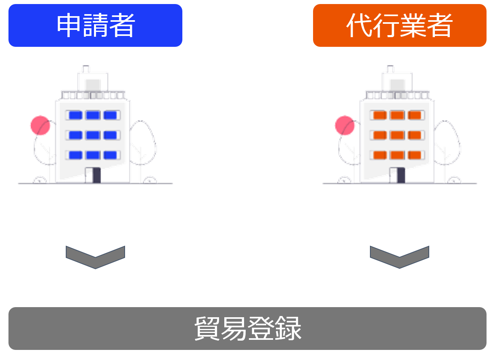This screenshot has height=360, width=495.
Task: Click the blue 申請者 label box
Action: pos(95,25)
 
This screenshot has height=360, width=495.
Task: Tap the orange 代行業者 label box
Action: pos(399,25)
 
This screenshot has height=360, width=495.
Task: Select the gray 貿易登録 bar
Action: pos(247,329)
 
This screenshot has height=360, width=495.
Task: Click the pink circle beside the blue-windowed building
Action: pos(40,126)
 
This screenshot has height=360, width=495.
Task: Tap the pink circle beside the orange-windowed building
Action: pos(345,126)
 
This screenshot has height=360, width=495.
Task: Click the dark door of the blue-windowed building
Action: pos(96,175)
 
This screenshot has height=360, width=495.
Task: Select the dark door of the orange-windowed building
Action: pos(401,175)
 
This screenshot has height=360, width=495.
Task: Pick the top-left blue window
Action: pos(75,115)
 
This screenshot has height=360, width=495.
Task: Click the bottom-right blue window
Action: pos(110,155)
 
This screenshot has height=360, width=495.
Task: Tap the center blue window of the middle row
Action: pos(93,135)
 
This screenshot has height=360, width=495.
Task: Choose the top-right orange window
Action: pos(414,115)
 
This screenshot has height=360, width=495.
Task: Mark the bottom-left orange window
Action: pos(380,155)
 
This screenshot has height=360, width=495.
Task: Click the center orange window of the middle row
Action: pos(397,135)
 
